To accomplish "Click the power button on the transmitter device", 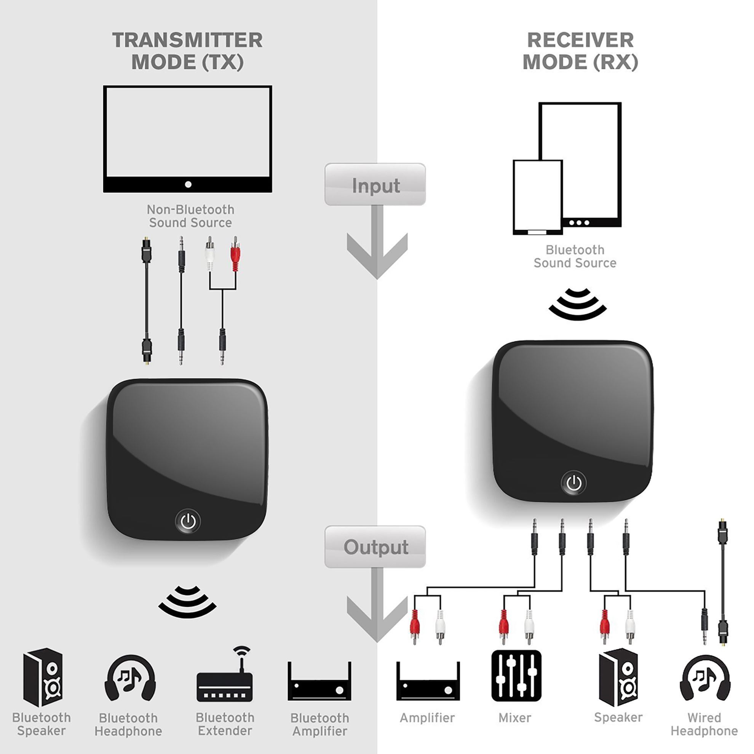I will tap(188, 521).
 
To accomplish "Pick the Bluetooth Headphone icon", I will tap(130, 678).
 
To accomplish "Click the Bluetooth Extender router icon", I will tap(225, 676).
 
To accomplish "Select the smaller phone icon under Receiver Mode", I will tap(537, 197).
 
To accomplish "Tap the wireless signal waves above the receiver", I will tap(578, 304).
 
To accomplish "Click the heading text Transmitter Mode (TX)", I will tap(187, 51).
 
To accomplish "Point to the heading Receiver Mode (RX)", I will tap(580, 51).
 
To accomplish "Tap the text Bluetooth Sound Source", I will tap(575, 256).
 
